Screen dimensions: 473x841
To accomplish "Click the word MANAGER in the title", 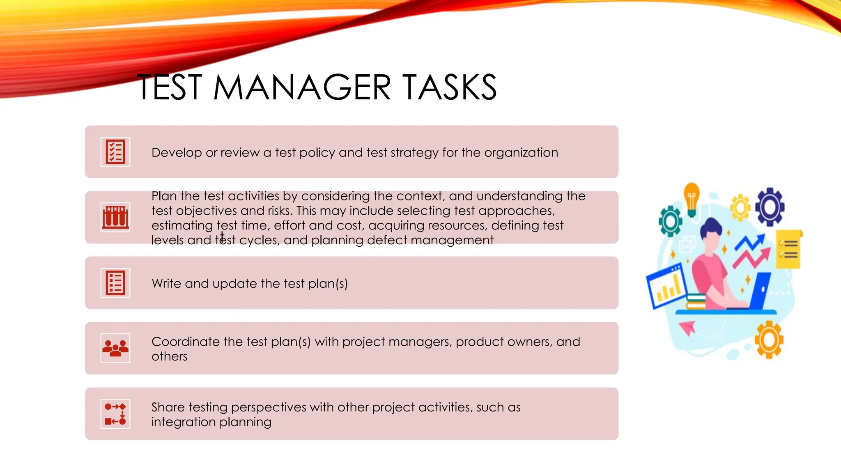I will click(302, 87).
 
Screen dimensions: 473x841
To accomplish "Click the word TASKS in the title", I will click(449, 87).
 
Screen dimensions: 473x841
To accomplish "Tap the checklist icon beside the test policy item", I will click(115, 152).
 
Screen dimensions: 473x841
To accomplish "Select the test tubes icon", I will click(115, 217).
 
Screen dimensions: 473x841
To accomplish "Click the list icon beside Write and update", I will click(115, 283).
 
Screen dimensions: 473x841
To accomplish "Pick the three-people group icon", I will click(115, 348).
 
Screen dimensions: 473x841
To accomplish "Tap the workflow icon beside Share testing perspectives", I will click(115, 414).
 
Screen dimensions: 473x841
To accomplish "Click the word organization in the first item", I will click(521, 153).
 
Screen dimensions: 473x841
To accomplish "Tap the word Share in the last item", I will click(168, 407).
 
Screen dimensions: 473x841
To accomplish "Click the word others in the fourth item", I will click(169, 356).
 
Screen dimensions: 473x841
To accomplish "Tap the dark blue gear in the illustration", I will click(770, 207).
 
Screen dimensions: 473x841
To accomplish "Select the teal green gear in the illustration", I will click(671, 221).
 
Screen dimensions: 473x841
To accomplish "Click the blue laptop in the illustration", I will click(760, 290).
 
